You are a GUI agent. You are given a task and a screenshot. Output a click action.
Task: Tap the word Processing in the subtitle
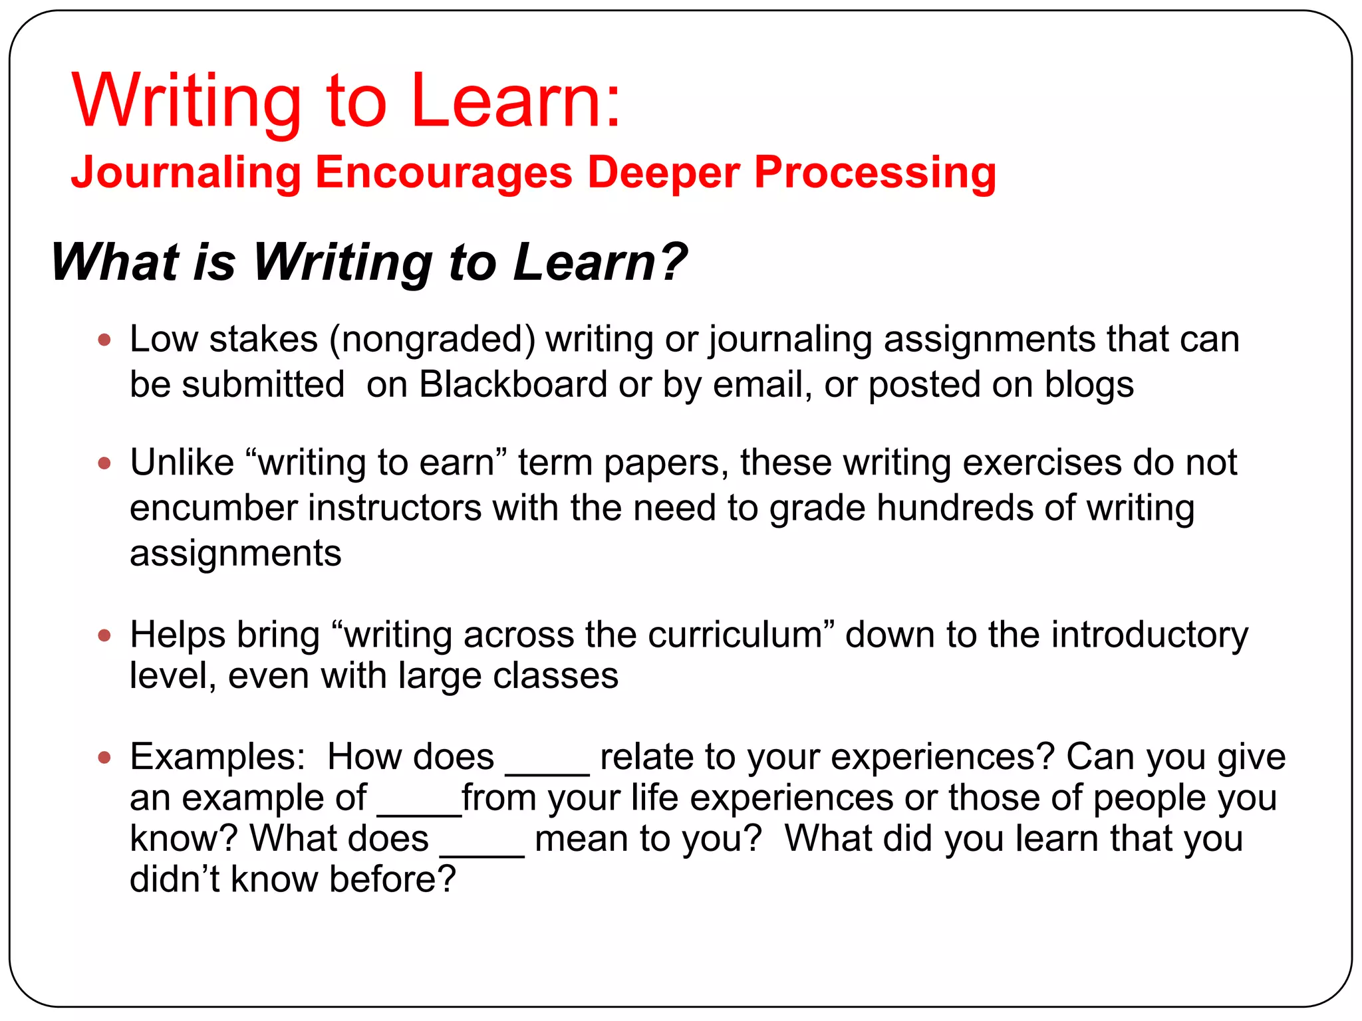click(x=875, y=173)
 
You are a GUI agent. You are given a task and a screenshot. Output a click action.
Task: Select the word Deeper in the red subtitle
click(x=663, y=173)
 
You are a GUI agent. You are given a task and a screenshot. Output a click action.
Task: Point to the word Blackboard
click(x=513, y=384)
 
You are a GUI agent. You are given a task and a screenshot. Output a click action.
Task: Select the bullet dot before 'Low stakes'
click(x=104, y=340)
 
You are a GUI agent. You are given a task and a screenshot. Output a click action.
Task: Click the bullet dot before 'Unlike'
click(x=104, y=463)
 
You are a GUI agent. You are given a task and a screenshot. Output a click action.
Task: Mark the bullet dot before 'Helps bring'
click(x=104, y=635)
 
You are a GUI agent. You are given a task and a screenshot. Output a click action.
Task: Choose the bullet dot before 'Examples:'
click(x=104, y=757)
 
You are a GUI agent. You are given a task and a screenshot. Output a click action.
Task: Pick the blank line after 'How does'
click(x=547, y=771)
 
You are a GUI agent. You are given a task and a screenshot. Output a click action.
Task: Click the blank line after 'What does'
click(x=482, y=853)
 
